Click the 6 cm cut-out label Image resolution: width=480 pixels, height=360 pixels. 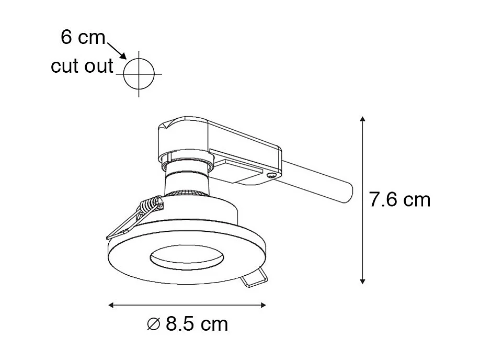coord(83,37)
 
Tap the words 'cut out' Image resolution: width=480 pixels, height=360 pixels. coord(82,66)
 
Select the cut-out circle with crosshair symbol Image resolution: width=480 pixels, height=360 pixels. coord(139,74)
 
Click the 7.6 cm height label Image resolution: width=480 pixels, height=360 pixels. coord(399,200)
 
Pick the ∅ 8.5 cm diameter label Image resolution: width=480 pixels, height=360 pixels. coord(188,324)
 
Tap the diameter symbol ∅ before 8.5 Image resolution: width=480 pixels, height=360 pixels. coord(153,325)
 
